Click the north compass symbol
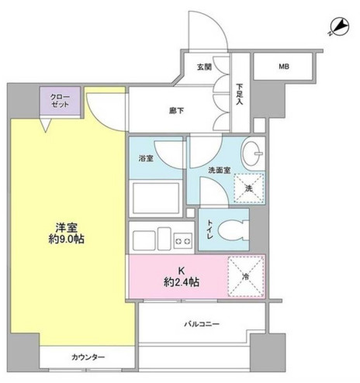click(340, 27)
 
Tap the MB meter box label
click(284, 67)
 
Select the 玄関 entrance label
click(204, 67)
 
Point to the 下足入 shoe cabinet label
click(240, 94)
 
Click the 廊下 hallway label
click(177, 111)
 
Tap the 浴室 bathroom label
click(146, 158)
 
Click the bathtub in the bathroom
click(156, 198)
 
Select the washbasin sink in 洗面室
click(252, 154)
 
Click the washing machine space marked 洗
click(249, 188)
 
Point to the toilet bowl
click(233, 229)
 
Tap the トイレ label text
click(209, 229)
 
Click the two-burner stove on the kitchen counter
click(183, 241)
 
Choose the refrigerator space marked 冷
click(246, 276)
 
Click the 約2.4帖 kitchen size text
click(182, 282)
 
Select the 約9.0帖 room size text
click(67, 240)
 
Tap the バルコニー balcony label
click(202, 324)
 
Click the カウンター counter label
click(88, 357)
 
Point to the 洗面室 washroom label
click(220, 170)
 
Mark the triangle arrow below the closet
click(46, 125)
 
